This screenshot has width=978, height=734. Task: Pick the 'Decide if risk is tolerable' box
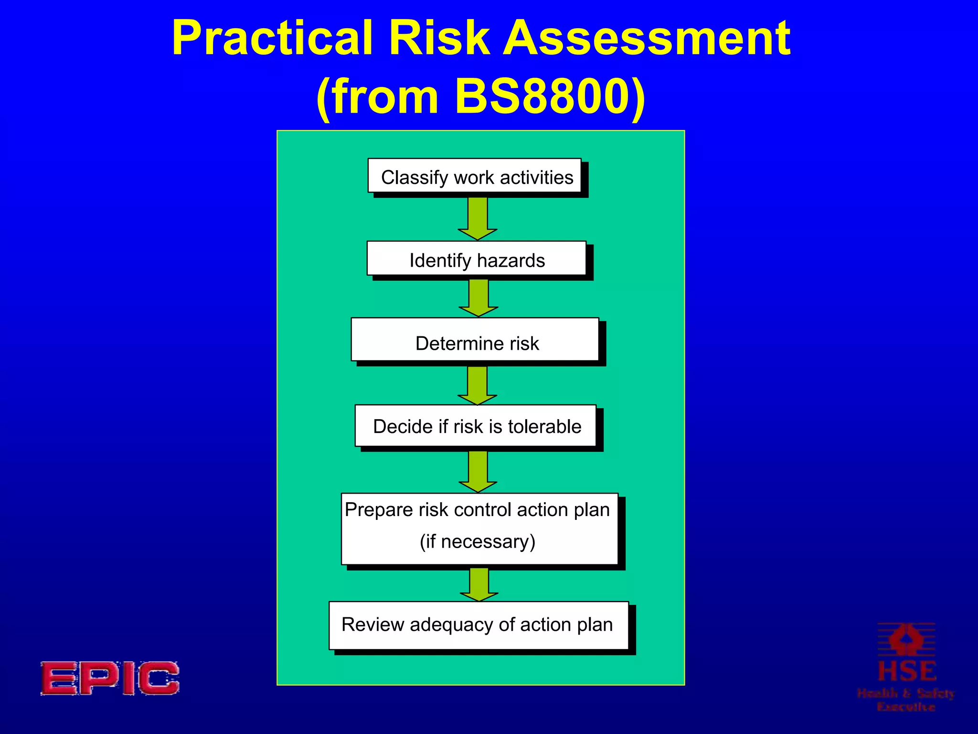point(476,426)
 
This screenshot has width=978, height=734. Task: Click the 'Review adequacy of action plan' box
point(478,625)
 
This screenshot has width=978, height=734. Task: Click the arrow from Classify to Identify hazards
point(478,217)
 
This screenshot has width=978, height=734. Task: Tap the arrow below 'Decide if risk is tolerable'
point(478,471)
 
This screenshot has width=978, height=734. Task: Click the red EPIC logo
point(110,678)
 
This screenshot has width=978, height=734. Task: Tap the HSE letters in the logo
point(906,671)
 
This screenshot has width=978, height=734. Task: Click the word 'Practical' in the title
point(272,38)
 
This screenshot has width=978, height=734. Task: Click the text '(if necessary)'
point(478,541)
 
